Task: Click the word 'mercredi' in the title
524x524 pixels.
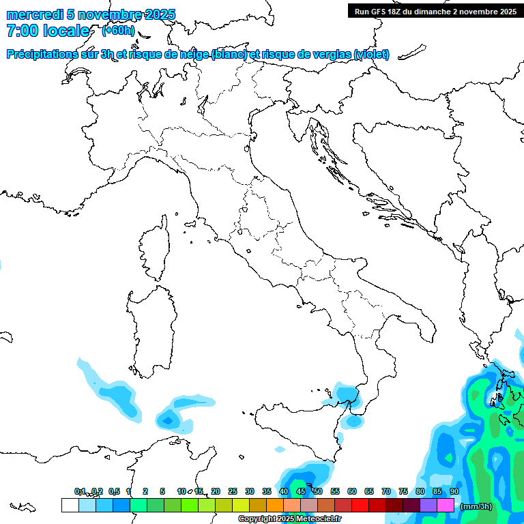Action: pos(34,14)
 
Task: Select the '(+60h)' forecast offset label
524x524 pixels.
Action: pos(118,31)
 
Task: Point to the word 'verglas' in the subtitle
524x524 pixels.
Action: pos(334,54)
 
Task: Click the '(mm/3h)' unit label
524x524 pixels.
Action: pos(477,506)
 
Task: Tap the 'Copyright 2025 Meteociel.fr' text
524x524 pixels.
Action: pos(289,519)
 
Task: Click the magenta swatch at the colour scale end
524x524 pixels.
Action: pos(446,505)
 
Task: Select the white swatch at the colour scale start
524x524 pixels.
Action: pos(70,505)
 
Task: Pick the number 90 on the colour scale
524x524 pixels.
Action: pos(454,491)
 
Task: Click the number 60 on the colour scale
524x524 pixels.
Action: pos(352,491)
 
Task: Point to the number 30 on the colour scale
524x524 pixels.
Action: pos(250,491)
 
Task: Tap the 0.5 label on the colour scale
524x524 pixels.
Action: pos(113,491)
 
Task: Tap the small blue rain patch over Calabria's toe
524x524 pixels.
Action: pos(353,421)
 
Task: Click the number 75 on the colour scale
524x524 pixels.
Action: pos(403,491)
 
